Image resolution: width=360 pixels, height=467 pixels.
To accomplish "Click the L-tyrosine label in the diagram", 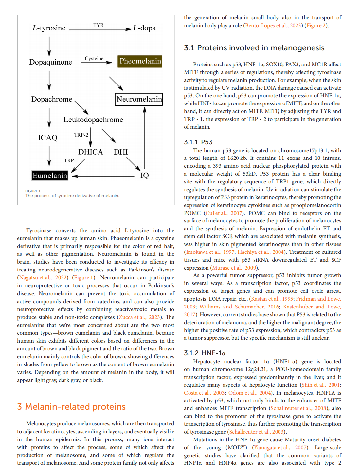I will pos(49,28).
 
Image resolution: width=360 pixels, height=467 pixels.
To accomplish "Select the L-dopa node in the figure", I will pos(144,28).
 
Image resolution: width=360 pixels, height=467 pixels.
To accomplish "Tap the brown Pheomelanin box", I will pos(140,61).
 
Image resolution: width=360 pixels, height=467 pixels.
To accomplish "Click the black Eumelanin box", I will pos(50,176).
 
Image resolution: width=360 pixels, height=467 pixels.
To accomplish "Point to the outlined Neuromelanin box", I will pos(139,99).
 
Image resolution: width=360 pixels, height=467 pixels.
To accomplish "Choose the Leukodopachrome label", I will pos(93,120).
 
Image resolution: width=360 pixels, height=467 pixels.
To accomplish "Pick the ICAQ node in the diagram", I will pos(48,138).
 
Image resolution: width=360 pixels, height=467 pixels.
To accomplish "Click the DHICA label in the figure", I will pos(90,152).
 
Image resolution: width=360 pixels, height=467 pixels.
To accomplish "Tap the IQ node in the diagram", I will pos(144,176).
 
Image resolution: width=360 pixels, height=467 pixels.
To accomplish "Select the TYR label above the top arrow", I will pos(99,25).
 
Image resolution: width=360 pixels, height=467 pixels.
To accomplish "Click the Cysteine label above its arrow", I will pos(94,58).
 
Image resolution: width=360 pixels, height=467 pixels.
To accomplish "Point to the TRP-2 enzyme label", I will pos(81,135).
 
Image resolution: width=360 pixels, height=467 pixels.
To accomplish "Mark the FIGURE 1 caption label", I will pos(33,191).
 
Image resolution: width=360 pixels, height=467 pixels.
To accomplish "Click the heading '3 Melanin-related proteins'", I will pos(71,407).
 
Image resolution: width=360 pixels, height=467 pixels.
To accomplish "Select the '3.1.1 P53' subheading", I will pos(198,142).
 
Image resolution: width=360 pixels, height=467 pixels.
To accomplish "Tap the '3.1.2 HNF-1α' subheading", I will pos(205,353).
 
